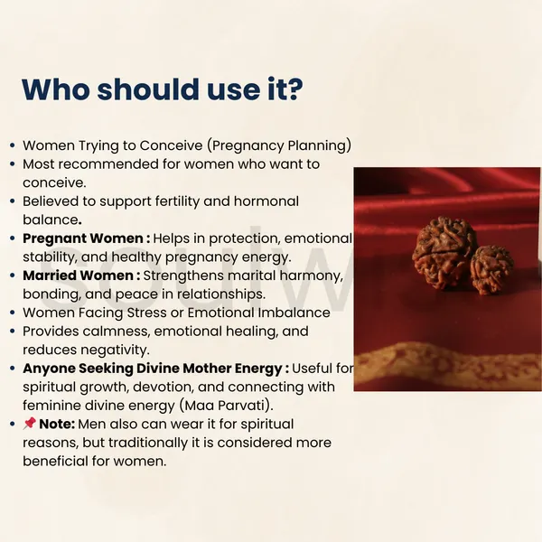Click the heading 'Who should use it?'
click(162, 89)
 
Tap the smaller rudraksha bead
click(491, 269)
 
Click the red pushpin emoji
click(30, 423)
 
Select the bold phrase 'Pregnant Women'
click(83, 238)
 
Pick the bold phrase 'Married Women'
click(78, 276)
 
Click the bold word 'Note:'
click(57, 425)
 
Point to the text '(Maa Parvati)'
click(226, 406)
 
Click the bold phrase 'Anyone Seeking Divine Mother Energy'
click(153, 369)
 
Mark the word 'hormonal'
click(266, 201)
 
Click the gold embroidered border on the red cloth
click(448, 365)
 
